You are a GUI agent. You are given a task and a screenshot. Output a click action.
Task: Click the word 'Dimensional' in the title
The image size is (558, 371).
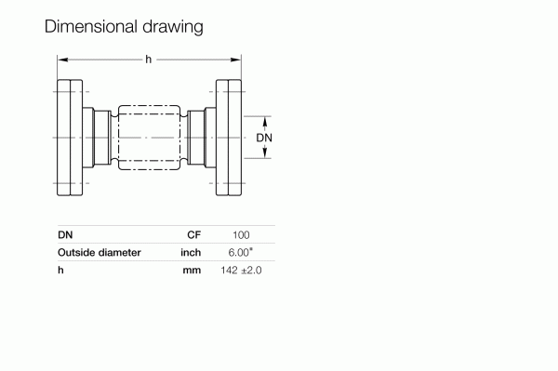tap(89, 27)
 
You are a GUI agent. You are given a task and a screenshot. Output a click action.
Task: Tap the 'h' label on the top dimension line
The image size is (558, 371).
tap(149, 60)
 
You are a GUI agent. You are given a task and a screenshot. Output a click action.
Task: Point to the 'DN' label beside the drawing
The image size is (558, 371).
tap(265, 138)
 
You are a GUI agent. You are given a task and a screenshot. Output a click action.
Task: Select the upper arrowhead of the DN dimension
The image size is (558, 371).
tap(265, 120)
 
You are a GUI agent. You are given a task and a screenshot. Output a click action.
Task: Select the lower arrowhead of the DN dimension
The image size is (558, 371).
tap(265, 154)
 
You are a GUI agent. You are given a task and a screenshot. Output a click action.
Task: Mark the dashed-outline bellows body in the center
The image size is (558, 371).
tap(149, 138)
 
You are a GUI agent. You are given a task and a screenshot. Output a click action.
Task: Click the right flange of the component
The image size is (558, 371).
tap(230, 138)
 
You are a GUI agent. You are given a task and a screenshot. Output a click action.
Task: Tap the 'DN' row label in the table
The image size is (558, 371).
tap(65, 235)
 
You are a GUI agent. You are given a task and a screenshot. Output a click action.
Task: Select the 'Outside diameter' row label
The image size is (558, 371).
tap(100, 252)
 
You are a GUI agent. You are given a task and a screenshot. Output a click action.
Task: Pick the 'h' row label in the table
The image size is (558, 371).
tap(60, 269)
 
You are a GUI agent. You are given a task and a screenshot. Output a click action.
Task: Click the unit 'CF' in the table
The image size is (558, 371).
tap(194, 235)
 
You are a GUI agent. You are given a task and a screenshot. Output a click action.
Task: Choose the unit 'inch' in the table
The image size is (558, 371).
tap(191, 252)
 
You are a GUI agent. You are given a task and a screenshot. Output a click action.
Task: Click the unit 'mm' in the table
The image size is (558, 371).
tap(192, 269)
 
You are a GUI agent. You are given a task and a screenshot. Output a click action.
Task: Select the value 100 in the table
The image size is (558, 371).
tap(241, 235)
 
